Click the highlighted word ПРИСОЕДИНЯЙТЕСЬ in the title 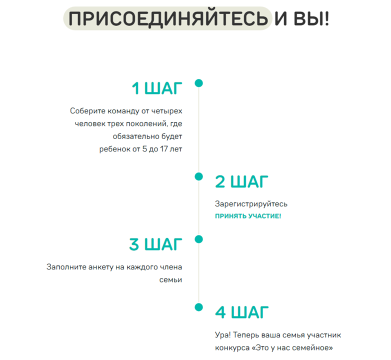[x=168, y=19]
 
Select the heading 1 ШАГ [x=157, y=88]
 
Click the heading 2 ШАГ [x=241, y=181]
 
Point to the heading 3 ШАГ [x=155, y=244]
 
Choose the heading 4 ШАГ [x=241, y=312]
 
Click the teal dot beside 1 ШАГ [x=198, y=83]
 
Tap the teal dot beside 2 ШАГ [x=198, y=176]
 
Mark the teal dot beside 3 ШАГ [x=198, y=239]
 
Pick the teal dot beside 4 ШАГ [x=198, y=307]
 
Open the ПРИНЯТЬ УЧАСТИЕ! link [x=248, y=216]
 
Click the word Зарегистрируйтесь [x=251, y=204]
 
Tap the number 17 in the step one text [x=164, y=149]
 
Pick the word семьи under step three [x=170, y=280]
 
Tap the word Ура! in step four [x=223, y=335]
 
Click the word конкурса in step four [x=232, y=348]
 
